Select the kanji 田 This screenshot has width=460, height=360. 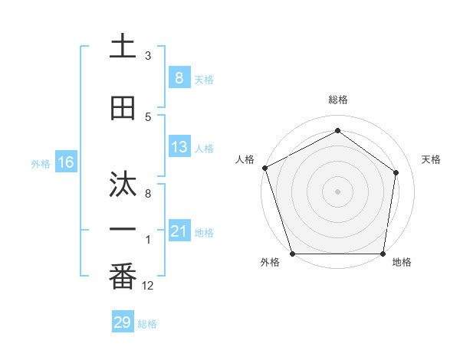pyautogui.click(x=123, y=108)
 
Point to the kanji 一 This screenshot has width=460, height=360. pyautogui.click(x=123, y=229)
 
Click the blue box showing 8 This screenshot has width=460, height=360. pyautogui.click(x=179, y=78)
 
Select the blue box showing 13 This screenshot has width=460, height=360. pyautogui.click(x=179, y=148)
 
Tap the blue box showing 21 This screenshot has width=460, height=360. pyautogui.click(x=179, y=231)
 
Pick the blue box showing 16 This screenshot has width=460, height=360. pyautogui.click(x=65, y=162)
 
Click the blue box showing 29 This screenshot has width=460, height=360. pyautogui.click(x=122, y=322)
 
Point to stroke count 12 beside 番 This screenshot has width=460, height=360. pyautogui.click(x=148, y=286)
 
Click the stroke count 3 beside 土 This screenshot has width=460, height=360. pyautogui.click(x=148, y=56)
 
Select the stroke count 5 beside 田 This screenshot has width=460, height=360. pyautogui.click(x=148, y=117)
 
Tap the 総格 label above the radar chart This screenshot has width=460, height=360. pyautogui.click(x=337, y=100)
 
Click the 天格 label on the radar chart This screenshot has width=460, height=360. pyautogui.click(x=432, y=159)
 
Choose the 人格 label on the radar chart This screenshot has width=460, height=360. pyautogui.click(x=245, y=159)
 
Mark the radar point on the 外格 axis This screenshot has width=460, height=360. pyautogui.click(x=292, y=254)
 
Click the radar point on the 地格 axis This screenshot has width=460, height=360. pyautogui.click(x=383, y=254)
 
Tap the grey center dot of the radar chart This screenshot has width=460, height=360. pyautogui.click(x=337, y=191)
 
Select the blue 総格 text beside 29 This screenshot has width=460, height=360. pyautogui.click(x=147, y=324)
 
